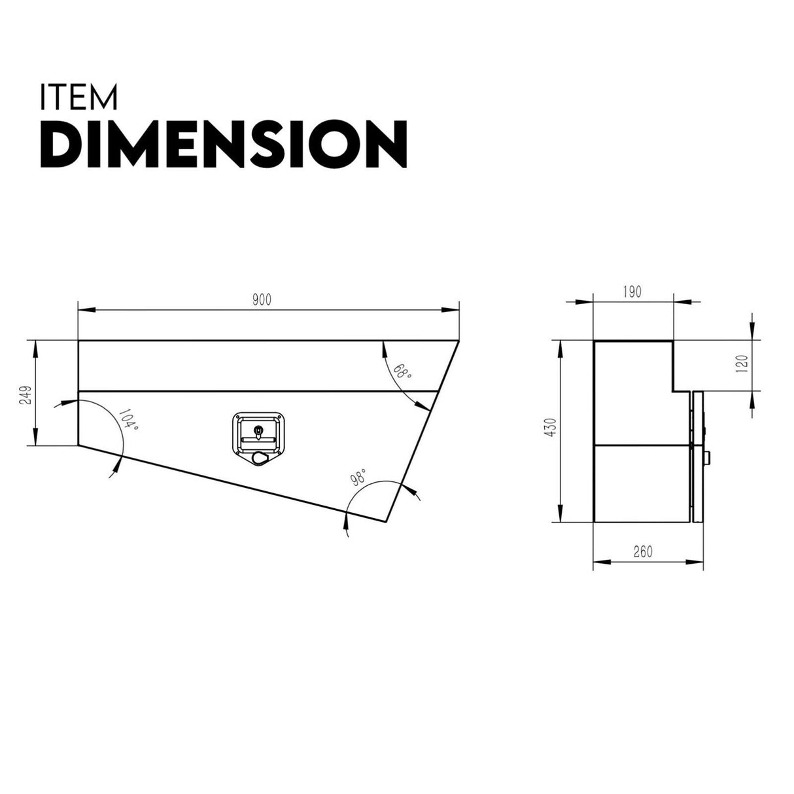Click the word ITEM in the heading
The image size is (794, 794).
[x=79, y=97]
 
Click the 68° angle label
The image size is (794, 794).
[x=402, y=372]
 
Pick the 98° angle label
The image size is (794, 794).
[x=358, y=475]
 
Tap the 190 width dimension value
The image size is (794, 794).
[x=632, y=292]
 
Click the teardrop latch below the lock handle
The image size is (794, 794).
[x=259, y=458]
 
